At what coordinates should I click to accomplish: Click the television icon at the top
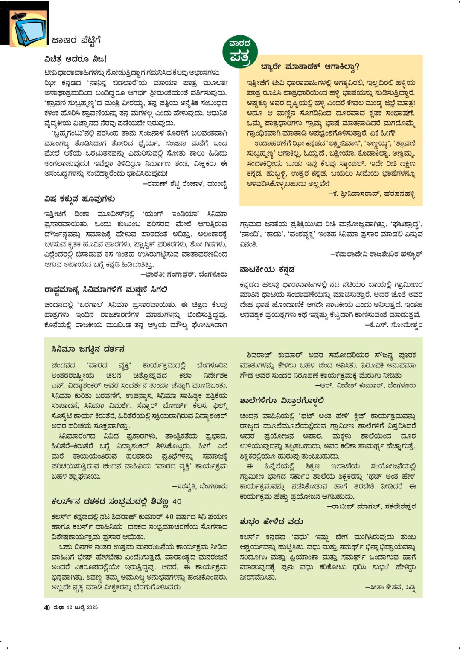point(29,29)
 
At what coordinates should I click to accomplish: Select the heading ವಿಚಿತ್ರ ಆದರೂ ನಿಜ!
point(76,59)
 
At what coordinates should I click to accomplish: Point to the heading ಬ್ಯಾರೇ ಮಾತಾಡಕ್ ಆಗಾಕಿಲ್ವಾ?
point(310,66)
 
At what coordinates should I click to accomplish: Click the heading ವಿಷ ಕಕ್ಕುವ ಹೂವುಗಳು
point(79,199)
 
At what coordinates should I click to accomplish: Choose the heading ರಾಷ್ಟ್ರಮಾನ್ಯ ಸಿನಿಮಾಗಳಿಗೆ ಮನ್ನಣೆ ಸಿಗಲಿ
point(106,289)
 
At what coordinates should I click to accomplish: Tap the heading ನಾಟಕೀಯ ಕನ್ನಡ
point(267,269)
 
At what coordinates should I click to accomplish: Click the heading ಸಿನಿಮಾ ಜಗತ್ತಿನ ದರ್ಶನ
point(88,349)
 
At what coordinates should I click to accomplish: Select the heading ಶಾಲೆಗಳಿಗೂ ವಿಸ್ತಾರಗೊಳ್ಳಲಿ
point(282,400)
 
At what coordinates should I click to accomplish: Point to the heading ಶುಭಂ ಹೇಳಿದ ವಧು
point(271,521)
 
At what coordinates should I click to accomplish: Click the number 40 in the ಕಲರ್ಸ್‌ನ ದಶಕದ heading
point(177,501)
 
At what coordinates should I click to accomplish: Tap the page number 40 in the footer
point(47,607)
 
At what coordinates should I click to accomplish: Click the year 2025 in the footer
point(92,607)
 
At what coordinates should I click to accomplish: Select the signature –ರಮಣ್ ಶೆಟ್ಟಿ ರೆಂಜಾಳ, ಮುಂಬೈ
point(184,184)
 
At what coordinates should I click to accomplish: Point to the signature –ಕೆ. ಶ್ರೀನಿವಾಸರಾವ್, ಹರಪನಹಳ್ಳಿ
point(371,194)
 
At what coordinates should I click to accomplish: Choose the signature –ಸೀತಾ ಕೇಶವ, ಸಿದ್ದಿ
point(390,587)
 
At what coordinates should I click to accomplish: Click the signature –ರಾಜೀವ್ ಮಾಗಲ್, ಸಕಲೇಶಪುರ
point(371,506)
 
